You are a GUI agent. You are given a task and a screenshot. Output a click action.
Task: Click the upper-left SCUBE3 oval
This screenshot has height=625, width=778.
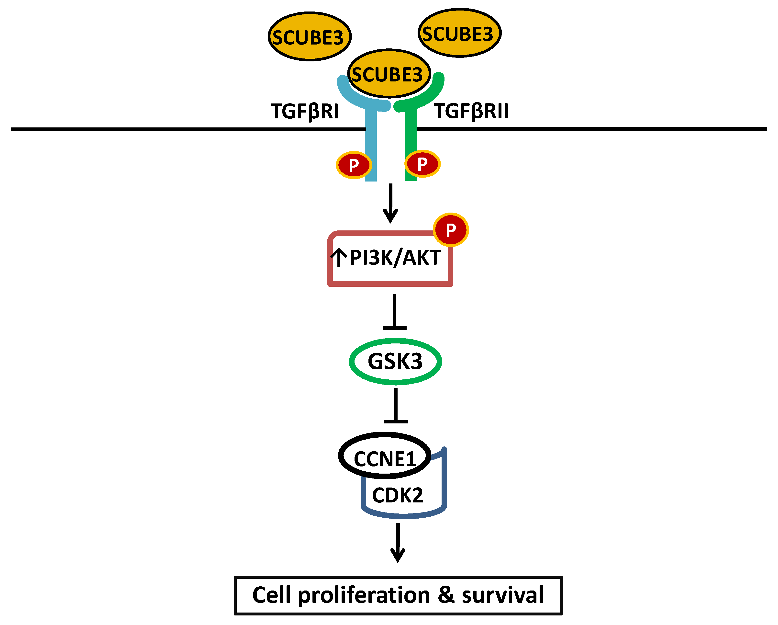pyautogui.click(x=309, y=36)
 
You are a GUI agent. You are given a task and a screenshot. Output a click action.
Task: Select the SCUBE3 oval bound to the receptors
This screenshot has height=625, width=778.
pyautogui.click(x=389, y=74)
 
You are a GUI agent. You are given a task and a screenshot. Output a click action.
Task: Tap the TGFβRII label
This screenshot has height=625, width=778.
pyautogui.click(x=471, y=111)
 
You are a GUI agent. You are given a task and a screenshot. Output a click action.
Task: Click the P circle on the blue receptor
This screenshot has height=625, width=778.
pyautogui.click(x=354, y=165)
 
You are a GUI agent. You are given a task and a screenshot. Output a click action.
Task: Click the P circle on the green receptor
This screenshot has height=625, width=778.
pyautogui.click(x=422, y=164)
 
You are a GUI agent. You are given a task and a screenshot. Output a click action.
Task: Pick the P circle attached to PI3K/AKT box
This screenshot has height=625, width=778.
pyautogui.click(x=450, y=230)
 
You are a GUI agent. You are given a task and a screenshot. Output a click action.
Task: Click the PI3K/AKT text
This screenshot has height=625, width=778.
pyautogui.click(x=395, y=258)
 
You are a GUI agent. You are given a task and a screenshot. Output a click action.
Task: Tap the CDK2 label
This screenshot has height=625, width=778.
pyautogui.click(x=397, y=495)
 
